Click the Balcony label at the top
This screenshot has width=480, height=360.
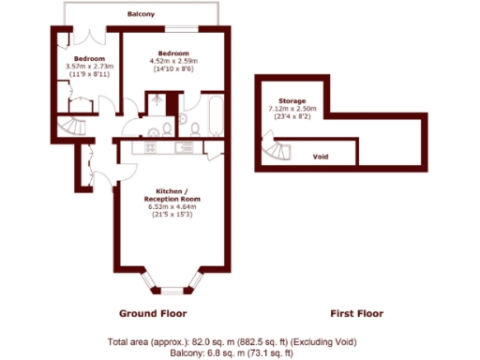pyautogui.click(x=143, y=16)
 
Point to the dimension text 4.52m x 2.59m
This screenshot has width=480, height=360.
pyautogui.click(x=174, y=62)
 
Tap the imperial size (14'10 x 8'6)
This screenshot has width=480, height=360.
pyautogui.click(x=174, y=70)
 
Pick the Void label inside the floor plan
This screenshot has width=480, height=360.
pyautogui.click(x=320, y=157)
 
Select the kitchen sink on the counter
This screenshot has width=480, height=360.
pyautogui.click(x=187, y=146)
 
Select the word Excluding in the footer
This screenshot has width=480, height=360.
pyautogui.click(x=324, y=340)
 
